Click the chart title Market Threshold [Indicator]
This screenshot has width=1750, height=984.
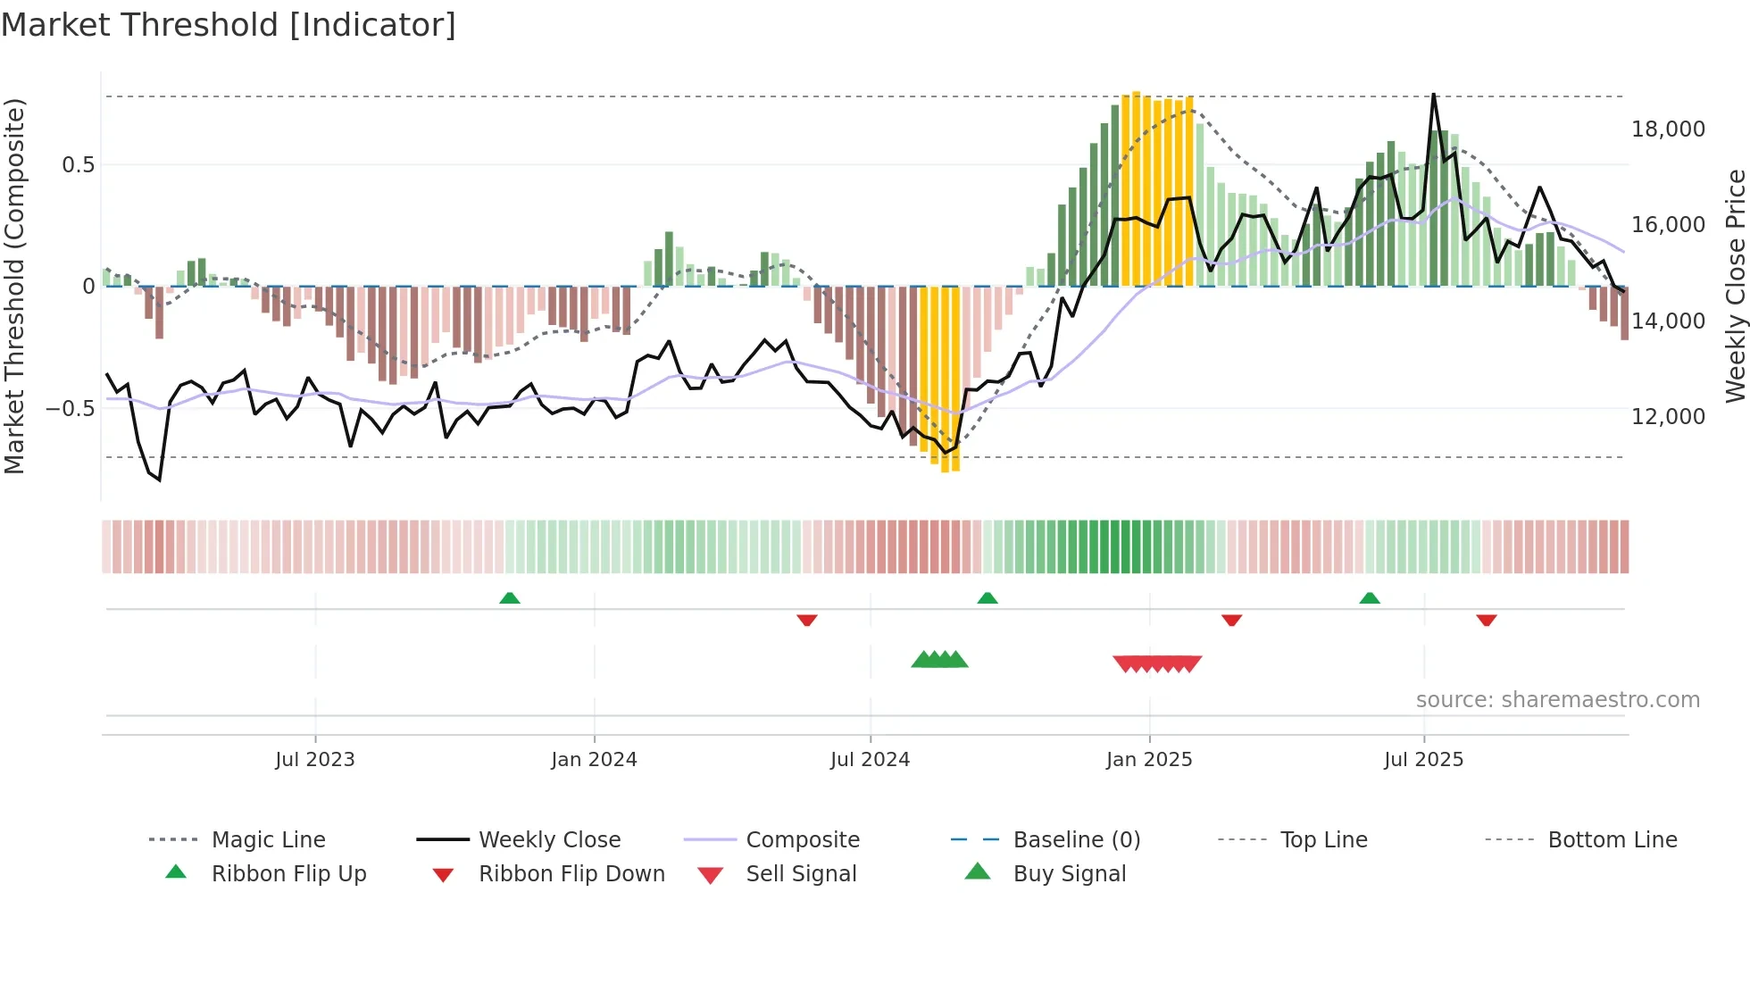(229, 25)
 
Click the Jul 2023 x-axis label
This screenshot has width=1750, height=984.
(315, 760)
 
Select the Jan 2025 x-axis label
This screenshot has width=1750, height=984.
(1149, 760)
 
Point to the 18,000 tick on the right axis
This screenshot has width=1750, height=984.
(1668, 129)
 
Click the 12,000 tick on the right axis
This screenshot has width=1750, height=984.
(1668, 417)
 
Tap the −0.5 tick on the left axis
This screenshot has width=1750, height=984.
(70, 409)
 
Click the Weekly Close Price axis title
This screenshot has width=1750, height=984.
(1735, 286)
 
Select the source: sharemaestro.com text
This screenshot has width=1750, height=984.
(1557, 700)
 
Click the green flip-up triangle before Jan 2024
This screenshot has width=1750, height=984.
(510, 598)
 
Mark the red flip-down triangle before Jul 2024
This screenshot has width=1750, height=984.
(807, 620)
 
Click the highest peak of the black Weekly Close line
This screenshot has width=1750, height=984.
(1434, 95)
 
